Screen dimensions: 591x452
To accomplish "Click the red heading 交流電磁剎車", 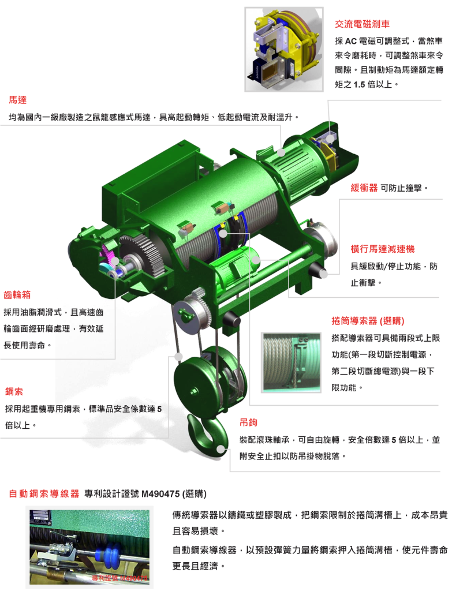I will point(362,24).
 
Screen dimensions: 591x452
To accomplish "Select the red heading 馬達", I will point(18,100).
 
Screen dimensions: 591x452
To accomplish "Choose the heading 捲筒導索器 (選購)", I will point(368,321).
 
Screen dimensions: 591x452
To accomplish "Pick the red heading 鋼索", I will point(14,391).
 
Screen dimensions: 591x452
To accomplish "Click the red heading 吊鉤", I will point(249,422).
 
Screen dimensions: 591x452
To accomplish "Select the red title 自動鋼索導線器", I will point(44,493).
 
